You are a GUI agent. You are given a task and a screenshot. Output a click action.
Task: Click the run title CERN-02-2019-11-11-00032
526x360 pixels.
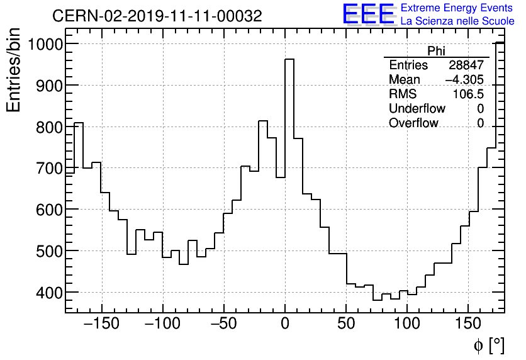click(157, 16)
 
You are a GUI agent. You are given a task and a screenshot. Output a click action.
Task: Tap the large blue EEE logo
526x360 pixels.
click(368, 14)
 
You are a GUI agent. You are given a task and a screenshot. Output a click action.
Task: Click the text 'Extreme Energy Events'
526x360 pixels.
click(456, 8)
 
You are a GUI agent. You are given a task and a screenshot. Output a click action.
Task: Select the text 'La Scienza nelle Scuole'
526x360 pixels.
click(457, 21)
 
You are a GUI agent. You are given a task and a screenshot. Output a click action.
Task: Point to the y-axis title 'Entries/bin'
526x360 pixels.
click(13, 70)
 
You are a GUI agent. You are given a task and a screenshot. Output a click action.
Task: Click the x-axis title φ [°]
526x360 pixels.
click(489, 345)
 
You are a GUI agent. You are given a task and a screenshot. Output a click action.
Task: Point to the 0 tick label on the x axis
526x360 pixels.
click(285, 324)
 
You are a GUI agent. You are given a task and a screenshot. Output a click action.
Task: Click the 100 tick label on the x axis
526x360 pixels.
click(407, 324)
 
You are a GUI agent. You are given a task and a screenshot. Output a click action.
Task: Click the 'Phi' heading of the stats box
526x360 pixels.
click(436, 51)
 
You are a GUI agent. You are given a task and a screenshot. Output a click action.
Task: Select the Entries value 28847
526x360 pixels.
click(466, 65)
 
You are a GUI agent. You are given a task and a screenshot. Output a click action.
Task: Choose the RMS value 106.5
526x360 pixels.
click(469, 94)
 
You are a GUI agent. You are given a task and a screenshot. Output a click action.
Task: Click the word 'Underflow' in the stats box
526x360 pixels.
click(417, 109)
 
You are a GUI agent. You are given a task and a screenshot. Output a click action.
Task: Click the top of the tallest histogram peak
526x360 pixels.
click(289, 59)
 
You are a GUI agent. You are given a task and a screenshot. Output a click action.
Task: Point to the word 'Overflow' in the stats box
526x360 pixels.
click(413, 123)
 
